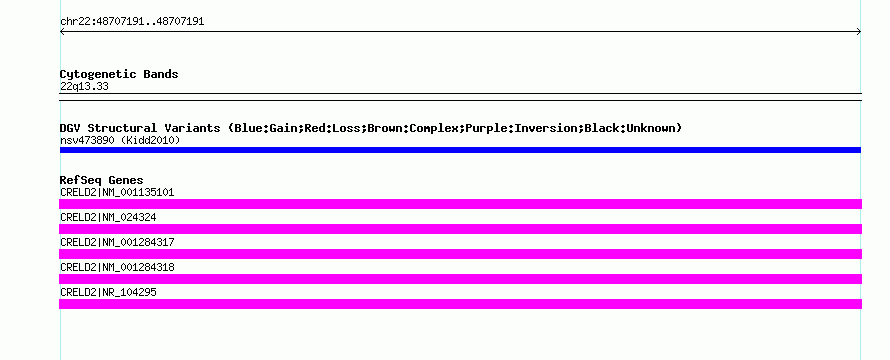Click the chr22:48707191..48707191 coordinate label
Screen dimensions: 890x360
(132, 22)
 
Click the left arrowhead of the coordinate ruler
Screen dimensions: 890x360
(62, 32)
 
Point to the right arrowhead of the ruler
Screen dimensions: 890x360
(859, 32)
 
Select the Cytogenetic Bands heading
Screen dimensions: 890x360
(119, 74)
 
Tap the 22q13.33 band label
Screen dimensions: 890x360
(84, 87)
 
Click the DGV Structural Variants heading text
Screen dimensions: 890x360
(140, 128)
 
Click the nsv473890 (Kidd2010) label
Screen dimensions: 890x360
(120, 140)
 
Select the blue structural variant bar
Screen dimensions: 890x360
(460, 150)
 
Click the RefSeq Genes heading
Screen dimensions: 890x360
(102, 180)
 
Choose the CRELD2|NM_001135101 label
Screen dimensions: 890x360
(117, 192)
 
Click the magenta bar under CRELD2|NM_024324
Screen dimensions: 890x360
(460, 229)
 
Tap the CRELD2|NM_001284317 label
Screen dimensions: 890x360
(117, 242)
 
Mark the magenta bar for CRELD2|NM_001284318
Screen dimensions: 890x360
(460, 279)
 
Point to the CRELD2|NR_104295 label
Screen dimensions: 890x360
(108, 292)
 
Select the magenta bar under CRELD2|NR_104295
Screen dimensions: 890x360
(460, 304)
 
